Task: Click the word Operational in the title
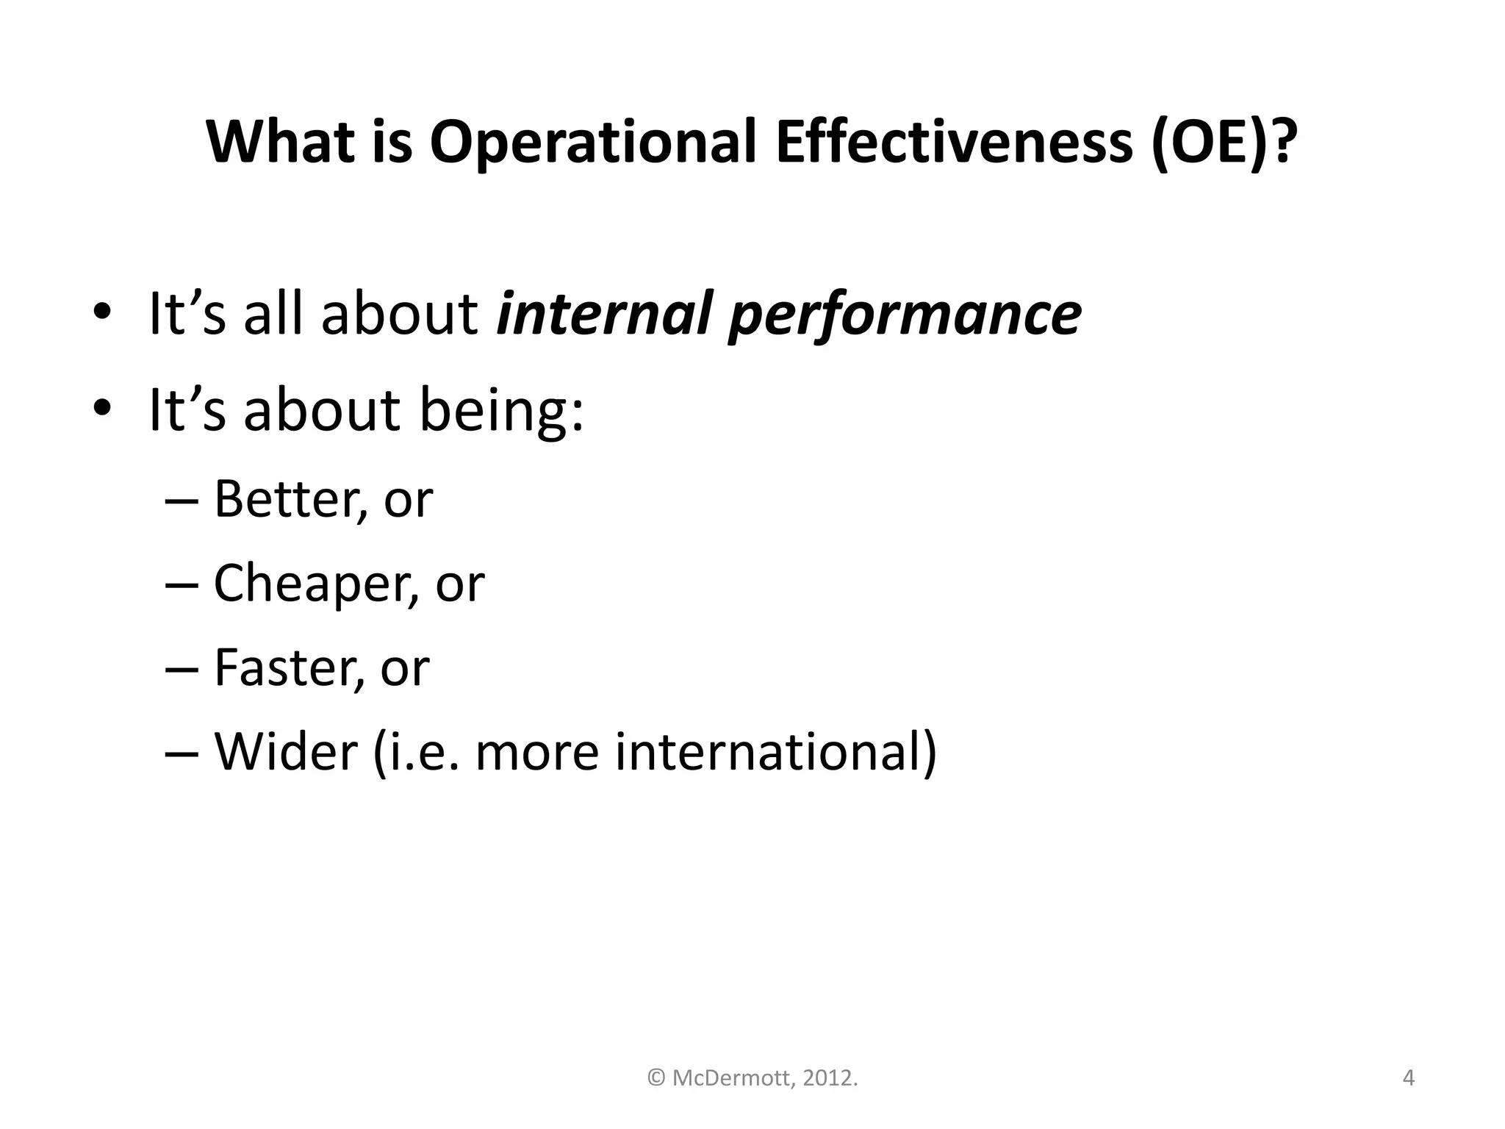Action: pyautogui.click(x=592, y=143)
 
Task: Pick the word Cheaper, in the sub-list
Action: pyautogui.click(x=317, y=584)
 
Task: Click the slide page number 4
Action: pyautogui.click(x=1409, y=1078)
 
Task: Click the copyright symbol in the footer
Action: pyautogui.click(x=656, y=1078)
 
